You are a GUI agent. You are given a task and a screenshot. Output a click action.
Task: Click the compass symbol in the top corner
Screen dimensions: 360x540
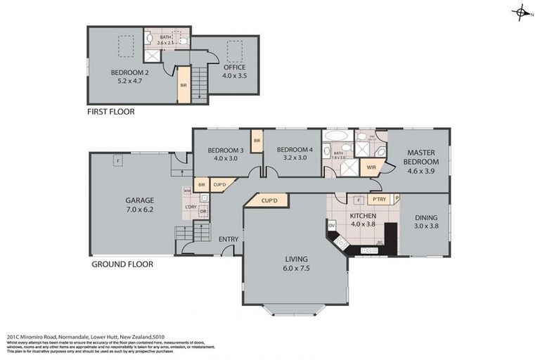click(x=521, y=13)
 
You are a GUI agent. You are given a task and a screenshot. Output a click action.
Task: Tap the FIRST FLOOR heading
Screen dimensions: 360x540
click(x=110, y=112)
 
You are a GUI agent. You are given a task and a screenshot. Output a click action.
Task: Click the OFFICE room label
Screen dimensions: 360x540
click(x=234, y=68)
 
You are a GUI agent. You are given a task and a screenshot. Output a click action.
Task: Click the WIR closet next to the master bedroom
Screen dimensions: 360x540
click(x=369, y=167)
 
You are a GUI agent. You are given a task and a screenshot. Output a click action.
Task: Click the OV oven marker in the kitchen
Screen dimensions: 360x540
click(x=331, y=226)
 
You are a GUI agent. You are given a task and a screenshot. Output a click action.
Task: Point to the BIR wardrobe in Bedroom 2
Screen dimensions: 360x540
click(x=184, y=85)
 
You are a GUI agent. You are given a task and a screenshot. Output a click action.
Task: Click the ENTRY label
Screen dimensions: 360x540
click(x=228, y=239)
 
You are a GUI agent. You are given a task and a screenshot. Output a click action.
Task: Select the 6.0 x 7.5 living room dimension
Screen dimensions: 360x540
click(x=295, y=268)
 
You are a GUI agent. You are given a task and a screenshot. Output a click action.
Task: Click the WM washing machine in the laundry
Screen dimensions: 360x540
click(x=186, y=191)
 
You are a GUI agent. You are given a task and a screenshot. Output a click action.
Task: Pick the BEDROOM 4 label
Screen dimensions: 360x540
click(x=293, y=149)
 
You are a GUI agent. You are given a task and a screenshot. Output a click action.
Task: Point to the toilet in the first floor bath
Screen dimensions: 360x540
click(x=182, y=41)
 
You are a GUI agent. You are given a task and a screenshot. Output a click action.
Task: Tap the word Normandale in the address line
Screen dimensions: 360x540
click(x=70, y=337)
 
